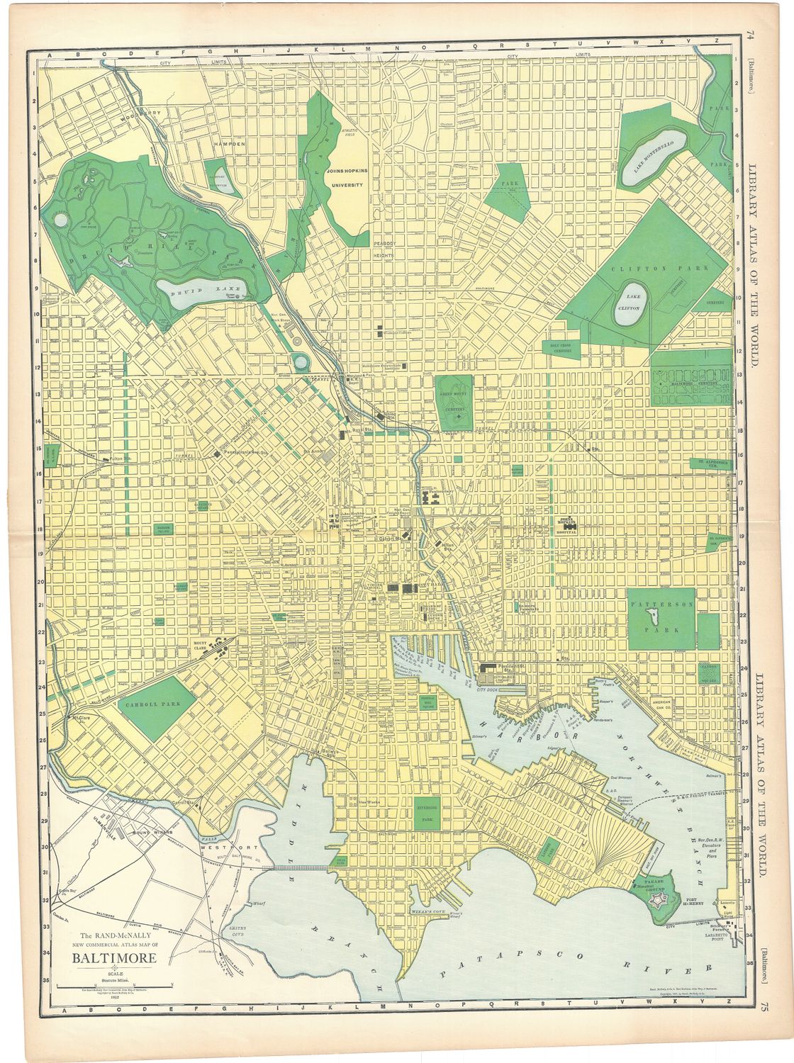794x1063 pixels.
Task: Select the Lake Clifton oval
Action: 627,305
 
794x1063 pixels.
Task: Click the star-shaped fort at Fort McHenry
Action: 661,901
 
